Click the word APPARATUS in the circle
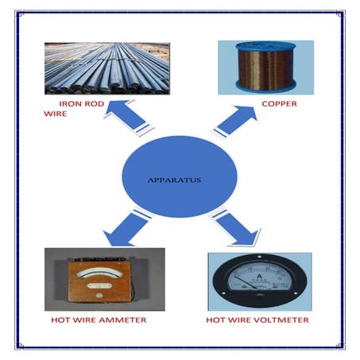pos(174,180)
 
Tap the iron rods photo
pos(106,69)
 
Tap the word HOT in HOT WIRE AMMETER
pos(60,320)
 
